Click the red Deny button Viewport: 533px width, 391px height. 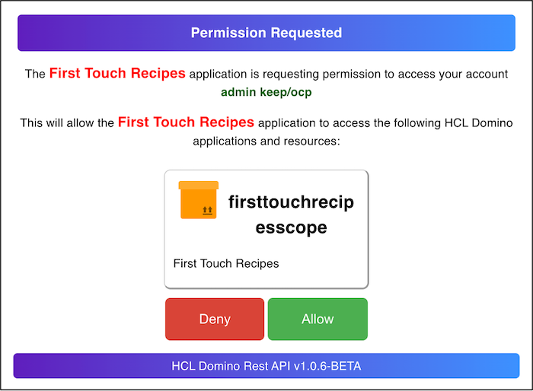[x=215, y=319]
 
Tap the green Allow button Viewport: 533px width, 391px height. [x=318, y=319]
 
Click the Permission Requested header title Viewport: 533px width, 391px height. [x=266, y=33]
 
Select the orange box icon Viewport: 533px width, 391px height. [x=199, y=200]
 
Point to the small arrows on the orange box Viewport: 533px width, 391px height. [x=207, y=210]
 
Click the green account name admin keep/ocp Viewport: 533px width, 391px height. [x=266, y=92]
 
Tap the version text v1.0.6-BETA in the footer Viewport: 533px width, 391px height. [x=327, y=366]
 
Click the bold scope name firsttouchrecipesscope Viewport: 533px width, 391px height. [x=291, y=215]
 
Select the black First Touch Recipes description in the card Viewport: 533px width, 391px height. [x=226, y=263]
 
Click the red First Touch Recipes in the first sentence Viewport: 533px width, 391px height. [x=117, y=73]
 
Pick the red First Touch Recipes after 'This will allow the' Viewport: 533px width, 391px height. [x=186, y=122]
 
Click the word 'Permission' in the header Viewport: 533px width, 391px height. [x=228, y=33]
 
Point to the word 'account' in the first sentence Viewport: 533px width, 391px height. [x=487, y=74]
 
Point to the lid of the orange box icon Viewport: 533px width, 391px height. [x=199, y=185]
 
